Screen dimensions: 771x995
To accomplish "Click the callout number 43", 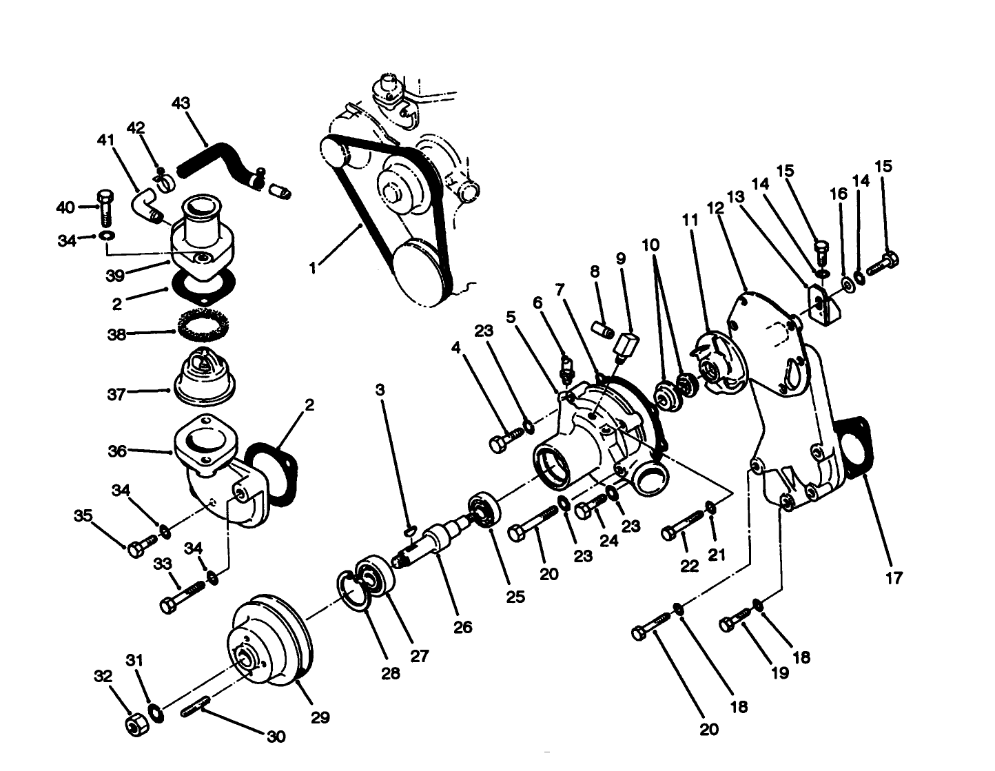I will click(181, 103).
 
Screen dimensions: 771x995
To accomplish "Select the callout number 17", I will click(893, 577).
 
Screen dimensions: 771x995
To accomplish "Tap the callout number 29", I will click(320, 717).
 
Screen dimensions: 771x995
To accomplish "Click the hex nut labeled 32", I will click(134, 724).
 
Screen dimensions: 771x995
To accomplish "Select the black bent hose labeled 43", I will click(214, 162).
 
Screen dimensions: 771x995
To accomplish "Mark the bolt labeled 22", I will click(681, 528).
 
